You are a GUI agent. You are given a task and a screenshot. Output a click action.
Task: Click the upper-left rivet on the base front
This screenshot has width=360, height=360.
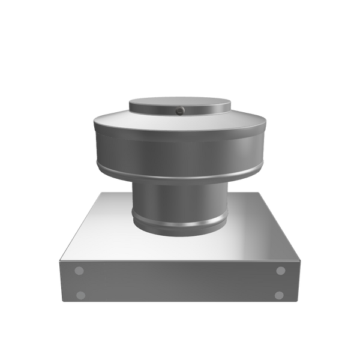[79, 271]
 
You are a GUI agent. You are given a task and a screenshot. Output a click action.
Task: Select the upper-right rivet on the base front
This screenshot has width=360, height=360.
[280, 271]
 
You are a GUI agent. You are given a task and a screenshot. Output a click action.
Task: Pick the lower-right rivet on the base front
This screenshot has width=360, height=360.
[279, 295]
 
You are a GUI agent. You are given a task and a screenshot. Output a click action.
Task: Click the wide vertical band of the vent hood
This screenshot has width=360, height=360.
[179, 152]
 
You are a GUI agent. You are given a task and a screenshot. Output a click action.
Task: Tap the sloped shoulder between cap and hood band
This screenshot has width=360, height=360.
[179, 122]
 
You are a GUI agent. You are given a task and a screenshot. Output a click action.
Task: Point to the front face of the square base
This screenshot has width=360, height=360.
[179, 282]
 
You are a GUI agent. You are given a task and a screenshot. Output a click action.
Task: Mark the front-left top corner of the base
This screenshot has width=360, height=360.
[58, 259]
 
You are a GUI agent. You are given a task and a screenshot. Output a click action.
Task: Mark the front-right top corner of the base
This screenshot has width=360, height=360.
[301, 259]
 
